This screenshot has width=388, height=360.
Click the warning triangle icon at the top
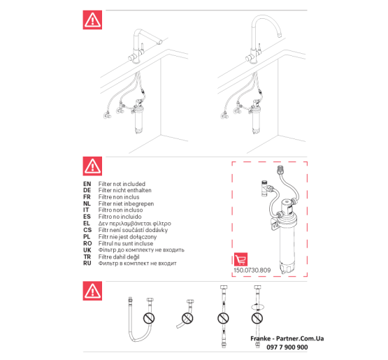[x=92, y=20]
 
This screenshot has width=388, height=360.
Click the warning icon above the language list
[x=92, y=166]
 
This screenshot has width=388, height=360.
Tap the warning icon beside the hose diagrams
[x=92, y=291]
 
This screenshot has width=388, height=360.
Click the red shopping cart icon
[x=240, y=259]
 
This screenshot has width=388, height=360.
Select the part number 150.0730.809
[x=252, y=271]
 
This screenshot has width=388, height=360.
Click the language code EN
[x=87, y=184]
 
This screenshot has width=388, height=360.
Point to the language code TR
[x=87, y=257]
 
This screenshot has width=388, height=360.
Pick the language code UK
[x=87, y=250]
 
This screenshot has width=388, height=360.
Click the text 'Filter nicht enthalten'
[x=124, y=190]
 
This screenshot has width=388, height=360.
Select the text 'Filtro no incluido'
[x=120, y=217]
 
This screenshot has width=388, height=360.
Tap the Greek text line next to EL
[x=135, y=224]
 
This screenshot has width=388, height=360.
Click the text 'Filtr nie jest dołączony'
[x=127, y=237]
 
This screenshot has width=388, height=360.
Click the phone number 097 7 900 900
[x=287, y=347]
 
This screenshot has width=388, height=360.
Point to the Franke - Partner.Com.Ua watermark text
[x=287, y=338]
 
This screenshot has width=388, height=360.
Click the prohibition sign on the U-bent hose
[x=149, y=318]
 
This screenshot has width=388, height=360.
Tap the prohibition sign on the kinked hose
[x=187, y=318]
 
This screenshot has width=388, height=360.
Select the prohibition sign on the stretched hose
[x=223, y=318]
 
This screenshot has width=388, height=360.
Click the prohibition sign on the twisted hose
[x=257, y=318]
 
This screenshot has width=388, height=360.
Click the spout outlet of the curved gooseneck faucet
[x=280, y=35]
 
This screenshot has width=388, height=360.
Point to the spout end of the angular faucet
[x=160, y=43]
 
